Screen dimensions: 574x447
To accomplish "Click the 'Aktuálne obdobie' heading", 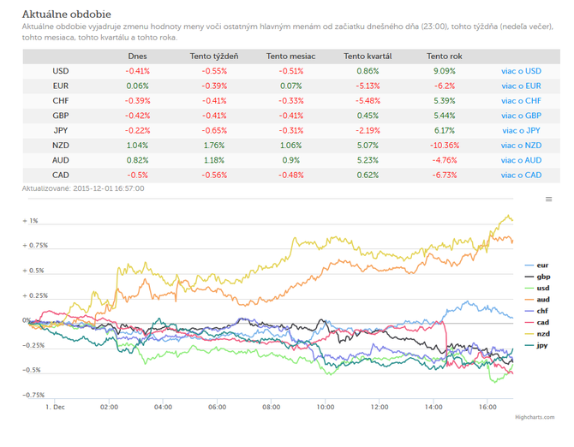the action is [x=66, y=15].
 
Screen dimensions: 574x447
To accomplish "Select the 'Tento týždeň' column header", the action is [x=214, y=57].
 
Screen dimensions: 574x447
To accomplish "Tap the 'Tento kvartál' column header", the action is [x=368, y=57].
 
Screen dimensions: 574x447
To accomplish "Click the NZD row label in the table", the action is [x=61, y=146].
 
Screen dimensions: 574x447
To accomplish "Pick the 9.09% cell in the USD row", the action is [x=445, y=71].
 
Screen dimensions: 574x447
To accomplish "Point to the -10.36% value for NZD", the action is [x=445, y=146].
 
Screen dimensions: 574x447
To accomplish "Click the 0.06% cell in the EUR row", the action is [x=137, y=86].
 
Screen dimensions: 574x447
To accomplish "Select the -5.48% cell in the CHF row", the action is [x=368, y=100].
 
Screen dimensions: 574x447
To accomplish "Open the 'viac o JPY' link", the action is [x=521, y=130].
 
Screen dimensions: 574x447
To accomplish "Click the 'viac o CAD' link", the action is [x=521, y=176].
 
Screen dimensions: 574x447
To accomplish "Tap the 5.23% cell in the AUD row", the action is [x=368, y=160].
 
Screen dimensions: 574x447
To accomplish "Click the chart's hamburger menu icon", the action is [x=549, y=199].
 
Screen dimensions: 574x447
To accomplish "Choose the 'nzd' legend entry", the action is [x=537, y=334].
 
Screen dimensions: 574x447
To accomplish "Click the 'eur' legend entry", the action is [x=536, y=265].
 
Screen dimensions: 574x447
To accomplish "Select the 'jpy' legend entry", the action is [x=536, y=345].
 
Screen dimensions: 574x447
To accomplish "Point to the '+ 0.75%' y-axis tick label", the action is [x=35, y=245].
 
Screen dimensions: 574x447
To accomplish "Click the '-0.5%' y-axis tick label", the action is [x=32, y=370].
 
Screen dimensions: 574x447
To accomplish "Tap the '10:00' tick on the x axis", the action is [x=325, y=407].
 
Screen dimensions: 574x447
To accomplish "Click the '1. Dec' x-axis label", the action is [x=55, y=407].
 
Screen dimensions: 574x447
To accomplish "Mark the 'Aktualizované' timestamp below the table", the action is [x=83, y=188].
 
